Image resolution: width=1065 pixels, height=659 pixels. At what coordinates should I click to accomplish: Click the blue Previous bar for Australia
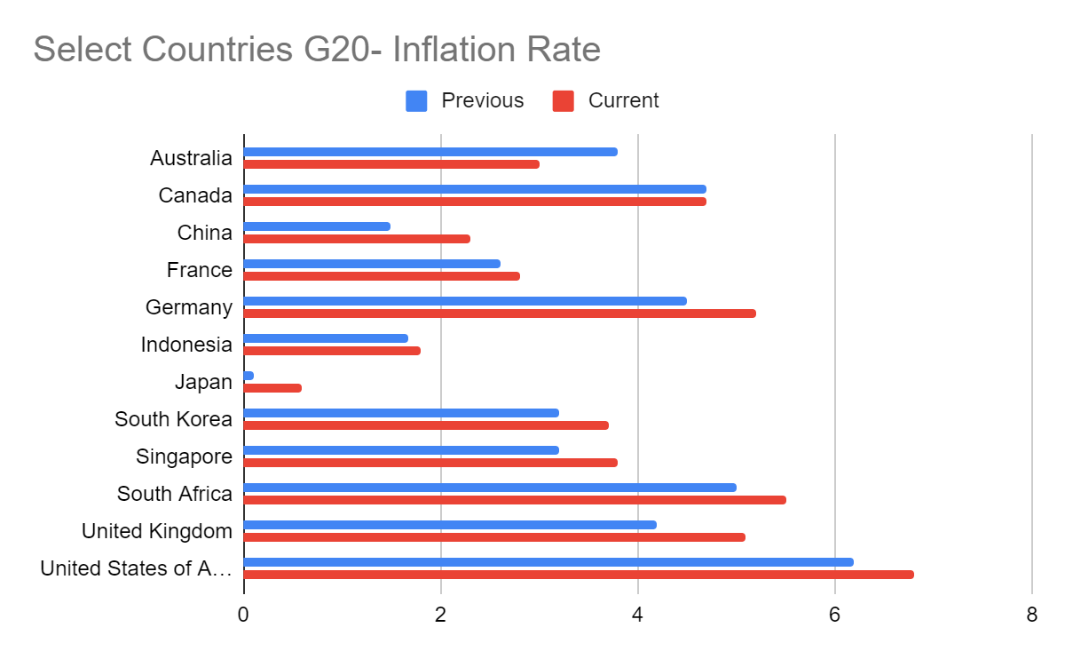pyautogui.click(x=430, y=152)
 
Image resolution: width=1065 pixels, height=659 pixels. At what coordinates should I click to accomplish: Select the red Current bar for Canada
pyautogui.click(x=475, y=202)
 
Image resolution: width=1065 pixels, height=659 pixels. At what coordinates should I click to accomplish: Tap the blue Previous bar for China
pyautogui.click(x=317, y=226)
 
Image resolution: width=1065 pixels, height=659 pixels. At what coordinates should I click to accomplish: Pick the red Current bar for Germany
pyautogui.click(x=500, y=314)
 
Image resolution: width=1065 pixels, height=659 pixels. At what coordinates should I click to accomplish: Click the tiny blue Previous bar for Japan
pyautogui.click(x=248, y=376)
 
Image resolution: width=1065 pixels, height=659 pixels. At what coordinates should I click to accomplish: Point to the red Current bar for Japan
pyautogui.click(x=272, y=388)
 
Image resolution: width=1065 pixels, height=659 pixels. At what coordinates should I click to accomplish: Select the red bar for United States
pyautogui.click(x=579, y=575)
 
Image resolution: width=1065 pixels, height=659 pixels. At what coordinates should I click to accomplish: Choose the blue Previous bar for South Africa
pyautogui.click(x=490, y=488)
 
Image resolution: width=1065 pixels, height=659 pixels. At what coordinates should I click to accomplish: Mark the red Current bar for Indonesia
pyautogui.click(x=332, y=351)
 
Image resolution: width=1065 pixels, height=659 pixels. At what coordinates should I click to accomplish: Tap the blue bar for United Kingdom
pyautogui.click(x=450, y=525)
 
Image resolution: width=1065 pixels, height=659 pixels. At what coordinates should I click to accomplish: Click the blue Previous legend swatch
pyautogui.click(x=416, y=101)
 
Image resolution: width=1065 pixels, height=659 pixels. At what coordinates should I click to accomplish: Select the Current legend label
pyautogui.click(x=623, y=101)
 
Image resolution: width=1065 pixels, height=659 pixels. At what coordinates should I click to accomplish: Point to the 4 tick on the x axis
pyautogui.click(x=637, y=615)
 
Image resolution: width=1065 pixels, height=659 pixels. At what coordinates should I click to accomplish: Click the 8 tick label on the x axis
pyautogui.click(x=1031, y=615)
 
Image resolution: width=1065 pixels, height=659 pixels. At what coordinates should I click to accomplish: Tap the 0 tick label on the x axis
pyautogui.click(x=243, y=615)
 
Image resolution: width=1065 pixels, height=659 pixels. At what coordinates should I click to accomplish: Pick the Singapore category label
pyautogui.click(x=184, y=457)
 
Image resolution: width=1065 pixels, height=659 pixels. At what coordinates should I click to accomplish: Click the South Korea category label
pyautogui.click(x=173, y=419)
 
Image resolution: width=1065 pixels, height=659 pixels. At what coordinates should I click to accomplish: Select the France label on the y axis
pyautogui.click(x=199, y=270)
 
